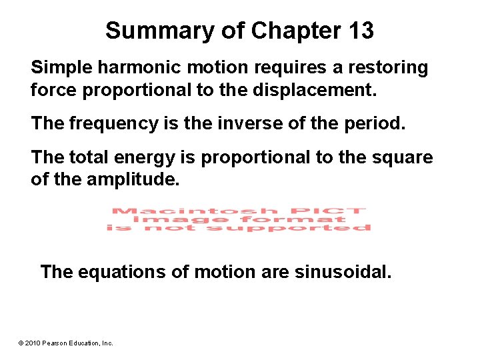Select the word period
[357, 123]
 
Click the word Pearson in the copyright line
[56, 343]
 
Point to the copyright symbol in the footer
[21, 343]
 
